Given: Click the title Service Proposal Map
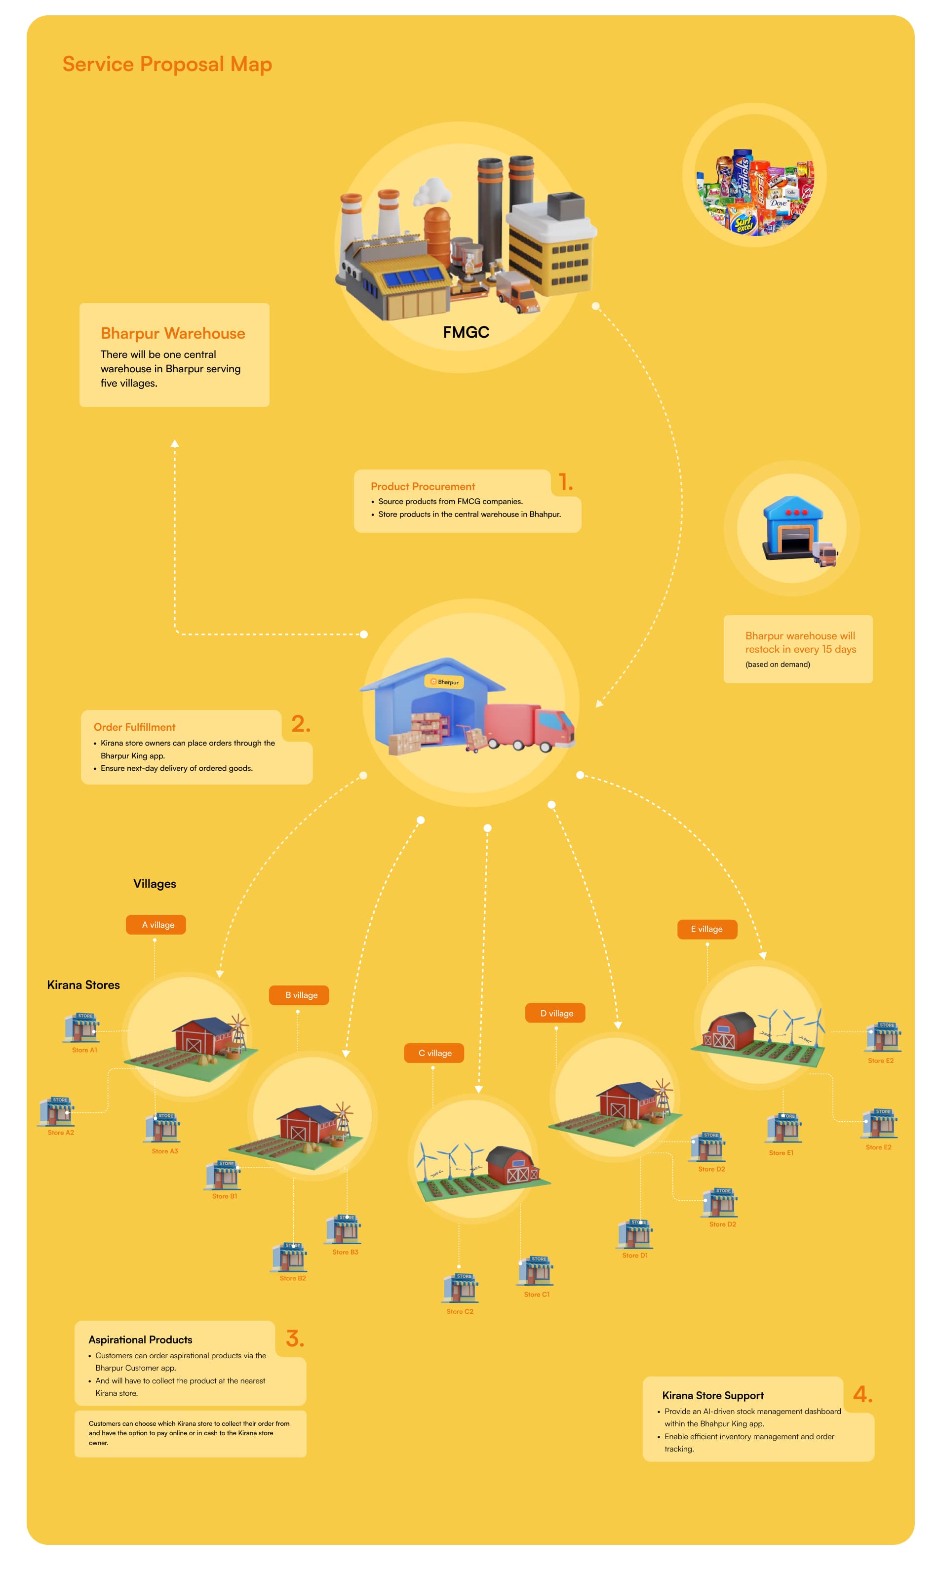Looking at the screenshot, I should click(167, 64).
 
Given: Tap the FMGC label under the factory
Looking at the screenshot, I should click(466, 332).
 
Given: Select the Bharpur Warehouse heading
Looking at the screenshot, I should click(172, 333).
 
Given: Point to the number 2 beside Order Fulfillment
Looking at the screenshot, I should click(300, 723).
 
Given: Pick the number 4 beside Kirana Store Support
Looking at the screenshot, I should click(862, 1394).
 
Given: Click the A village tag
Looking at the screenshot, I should click(156, 925).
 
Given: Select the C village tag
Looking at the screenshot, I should click(434, 1053).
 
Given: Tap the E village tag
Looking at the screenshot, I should click(707, 929).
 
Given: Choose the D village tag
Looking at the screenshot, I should click(555, 1013).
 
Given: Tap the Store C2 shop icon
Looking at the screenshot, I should click(461, 1288).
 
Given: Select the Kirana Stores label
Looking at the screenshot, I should click(83, 984).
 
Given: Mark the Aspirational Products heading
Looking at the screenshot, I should click(140, 1339).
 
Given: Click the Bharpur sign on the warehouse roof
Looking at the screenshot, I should click(445, 682).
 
